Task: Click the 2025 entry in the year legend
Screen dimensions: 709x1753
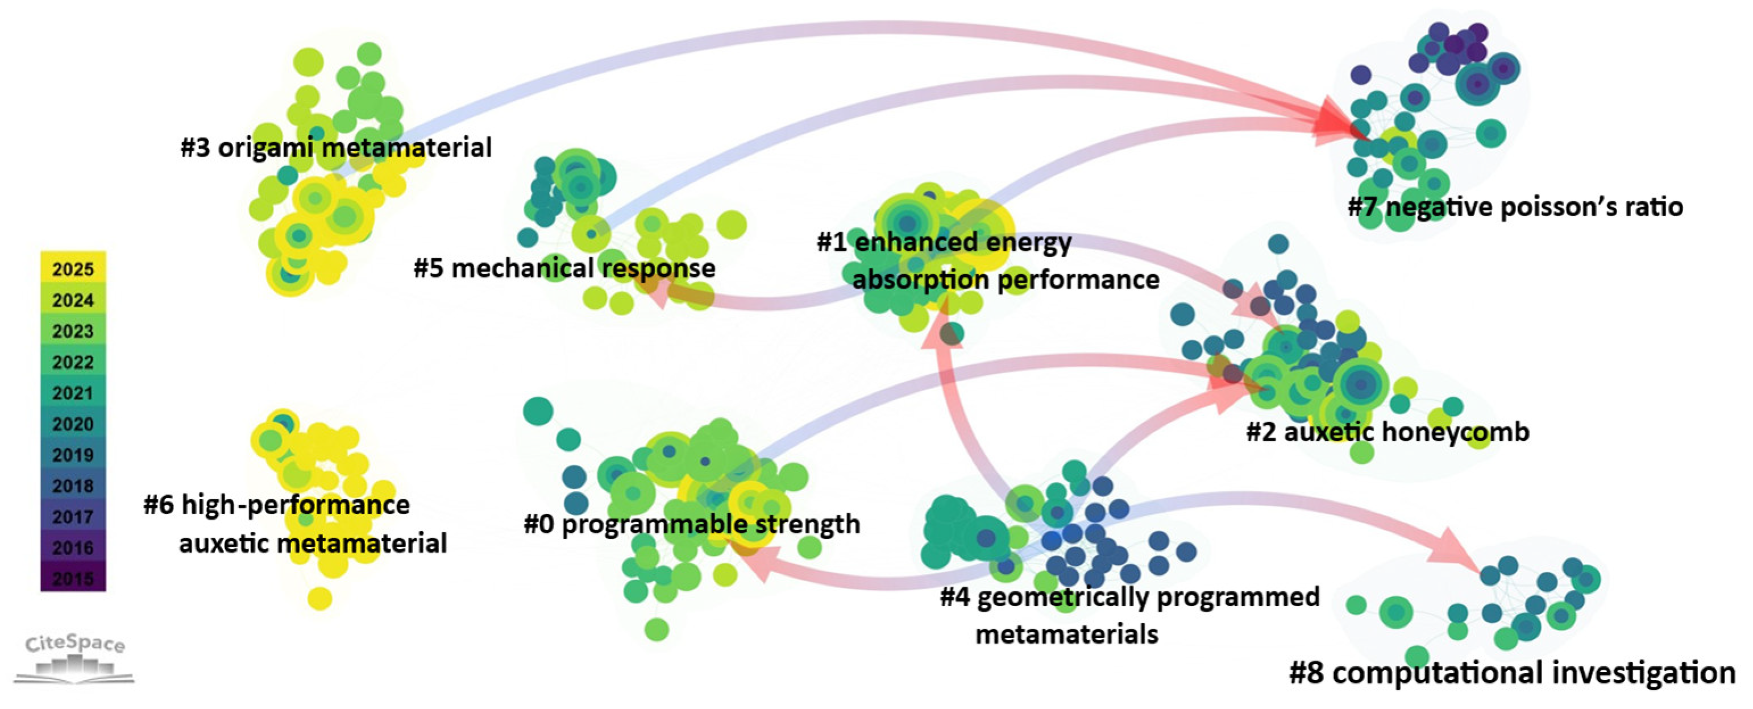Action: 73,269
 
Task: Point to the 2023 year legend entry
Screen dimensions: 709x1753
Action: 73,331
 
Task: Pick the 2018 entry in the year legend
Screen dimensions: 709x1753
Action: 73,486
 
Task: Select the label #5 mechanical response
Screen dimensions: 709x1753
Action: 564,268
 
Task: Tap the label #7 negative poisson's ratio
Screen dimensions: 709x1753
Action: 1515,207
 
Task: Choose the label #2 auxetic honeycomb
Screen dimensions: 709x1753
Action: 1388,432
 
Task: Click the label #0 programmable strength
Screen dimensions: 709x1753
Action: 692,524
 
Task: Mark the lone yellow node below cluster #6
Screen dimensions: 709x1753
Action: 319,599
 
